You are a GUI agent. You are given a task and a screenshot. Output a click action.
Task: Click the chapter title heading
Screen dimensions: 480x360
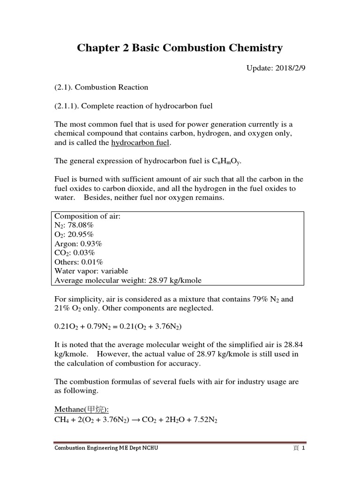(180, 48)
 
